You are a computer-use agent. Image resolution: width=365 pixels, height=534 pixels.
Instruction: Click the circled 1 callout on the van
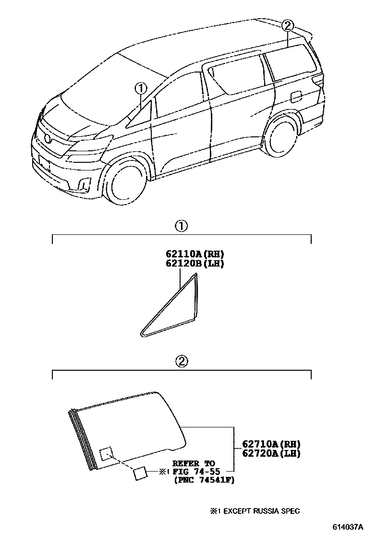pyautogui.click(x=140, y=88)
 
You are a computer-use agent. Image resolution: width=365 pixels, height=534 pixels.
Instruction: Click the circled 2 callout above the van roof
pyautogui.click(x=287, y=25)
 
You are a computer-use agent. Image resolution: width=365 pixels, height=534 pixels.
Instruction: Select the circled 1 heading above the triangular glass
pyautogui.click(x=181, y=226)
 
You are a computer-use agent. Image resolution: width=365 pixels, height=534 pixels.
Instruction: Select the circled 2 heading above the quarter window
pyautogui.click(x=181, y=362)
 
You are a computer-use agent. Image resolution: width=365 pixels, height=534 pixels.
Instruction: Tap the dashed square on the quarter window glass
pyautogui.click(x=105, y=454)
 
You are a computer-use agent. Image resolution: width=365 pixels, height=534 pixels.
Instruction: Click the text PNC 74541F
pyautogui.click(x=204, y=481)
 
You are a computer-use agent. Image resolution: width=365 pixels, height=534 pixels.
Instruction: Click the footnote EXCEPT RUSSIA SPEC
pyautogui.click(x=259, y=511)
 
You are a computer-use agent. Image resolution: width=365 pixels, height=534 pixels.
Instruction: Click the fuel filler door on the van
pyautogui.click(x=296, y=96)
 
